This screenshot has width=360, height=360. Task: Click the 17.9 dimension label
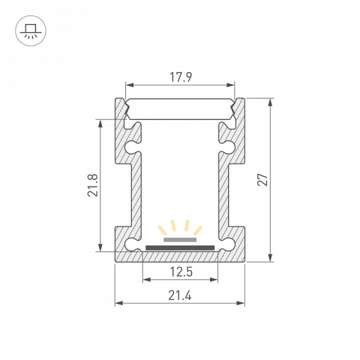pos(181,77)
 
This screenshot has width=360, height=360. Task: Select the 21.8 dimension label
pos(93,185)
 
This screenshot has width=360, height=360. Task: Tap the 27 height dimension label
pos(263,179)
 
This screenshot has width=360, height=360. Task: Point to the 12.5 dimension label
pos(181,272)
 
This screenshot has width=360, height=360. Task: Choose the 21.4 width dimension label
pos(180,295)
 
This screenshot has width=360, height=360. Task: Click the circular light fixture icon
pos(31,31)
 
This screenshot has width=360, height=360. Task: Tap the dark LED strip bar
pos(180,248)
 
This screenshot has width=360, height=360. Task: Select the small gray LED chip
pos(180,239)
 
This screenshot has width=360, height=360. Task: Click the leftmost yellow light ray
pos(162,230)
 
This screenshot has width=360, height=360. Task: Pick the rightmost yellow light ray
pos(198,230)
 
